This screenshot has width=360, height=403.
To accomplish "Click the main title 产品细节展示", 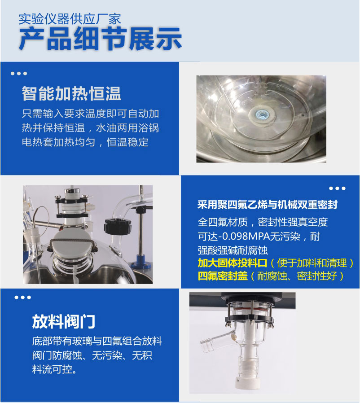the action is [x=100, y=39].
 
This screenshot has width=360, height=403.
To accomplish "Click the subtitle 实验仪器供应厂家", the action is [x=70, y=19].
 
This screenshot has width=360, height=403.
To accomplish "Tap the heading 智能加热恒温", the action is [x=71, y=93].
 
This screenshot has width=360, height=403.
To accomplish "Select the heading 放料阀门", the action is [x=63, y=321].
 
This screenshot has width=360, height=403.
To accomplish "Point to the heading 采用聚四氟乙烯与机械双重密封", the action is [x=268, y=205].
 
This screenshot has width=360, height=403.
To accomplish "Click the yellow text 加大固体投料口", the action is [x=233, y=263].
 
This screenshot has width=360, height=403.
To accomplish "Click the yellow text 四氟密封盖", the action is [x=223, y=276].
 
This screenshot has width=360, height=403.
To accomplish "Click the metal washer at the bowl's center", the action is [x=262, y=114].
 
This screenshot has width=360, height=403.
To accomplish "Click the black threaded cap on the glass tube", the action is [x=118, y=226].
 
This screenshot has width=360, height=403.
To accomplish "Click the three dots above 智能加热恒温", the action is [x=19, y=74].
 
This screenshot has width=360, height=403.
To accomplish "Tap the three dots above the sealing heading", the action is [x=337, y=188].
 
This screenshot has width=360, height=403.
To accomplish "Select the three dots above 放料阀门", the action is [x=22, y=298].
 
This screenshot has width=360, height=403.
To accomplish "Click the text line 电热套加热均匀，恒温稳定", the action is [x=85, y=142].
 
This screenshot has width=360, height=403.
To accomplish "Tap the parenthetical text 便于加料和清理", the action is [x=312, y=263].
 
